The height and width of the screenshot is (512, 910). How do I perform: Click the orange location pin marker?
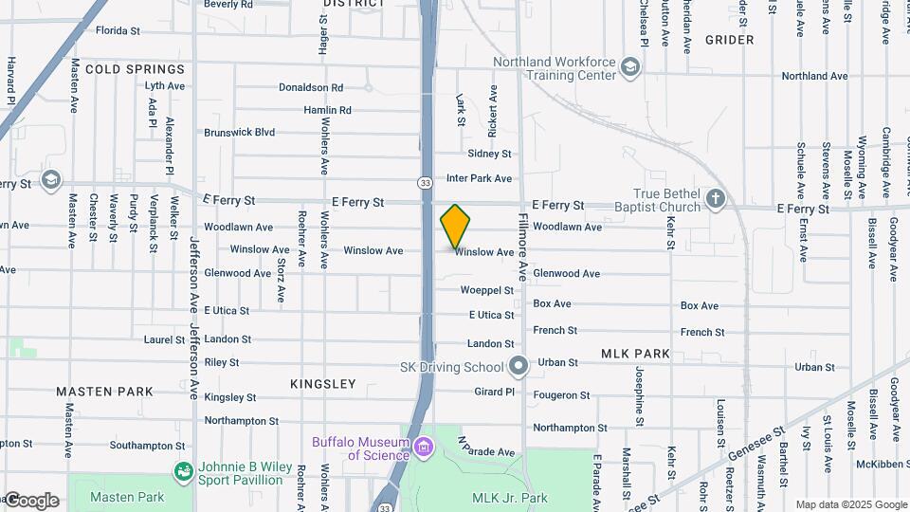(x=455, y=226)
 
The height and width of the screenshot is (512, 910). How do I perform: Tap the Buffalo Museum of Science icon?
(x=423, y=446)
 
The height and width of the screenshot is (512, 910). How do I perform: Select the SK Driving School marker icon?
(x=518, y=366)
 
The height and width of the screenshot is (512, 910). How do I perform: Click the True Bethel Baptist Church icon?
(x=716, y=199)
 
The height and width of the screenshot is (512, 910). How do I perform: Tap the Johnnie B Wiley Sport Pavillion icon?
(x=183, y=471)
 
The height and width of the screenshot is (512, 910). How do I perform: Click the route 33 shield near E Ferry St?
(x=427, y=182)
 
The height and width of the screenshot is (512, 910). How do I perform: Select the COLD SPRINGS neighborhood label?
(x=135, y=69)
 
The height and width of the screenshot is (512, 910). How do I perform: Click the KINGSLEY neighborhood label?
(x=324, y=384)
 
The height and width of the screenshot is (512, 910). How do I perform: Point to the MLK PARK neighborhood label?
(x=635, y=354)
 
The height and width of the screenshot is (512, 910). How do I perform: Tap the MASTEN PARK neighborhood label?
(x=104, y=391)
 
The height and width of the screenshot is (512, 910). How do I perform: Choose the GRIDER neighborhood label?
(x=730, y=40)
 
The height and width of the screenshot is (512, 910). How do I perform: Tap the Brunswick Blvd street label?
(x=239, y=133)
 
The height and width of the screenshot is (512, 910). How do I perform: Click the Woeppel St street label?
(x=486, y=290)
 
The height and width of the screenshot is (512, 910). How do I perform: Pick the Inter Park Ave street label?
(x=479, y=178)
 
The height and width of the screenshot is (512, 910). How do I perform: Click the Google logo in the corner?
(x=30, y=501)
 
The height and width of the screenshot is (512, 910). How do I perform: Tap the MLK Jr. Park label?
(x=510, y=498)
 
